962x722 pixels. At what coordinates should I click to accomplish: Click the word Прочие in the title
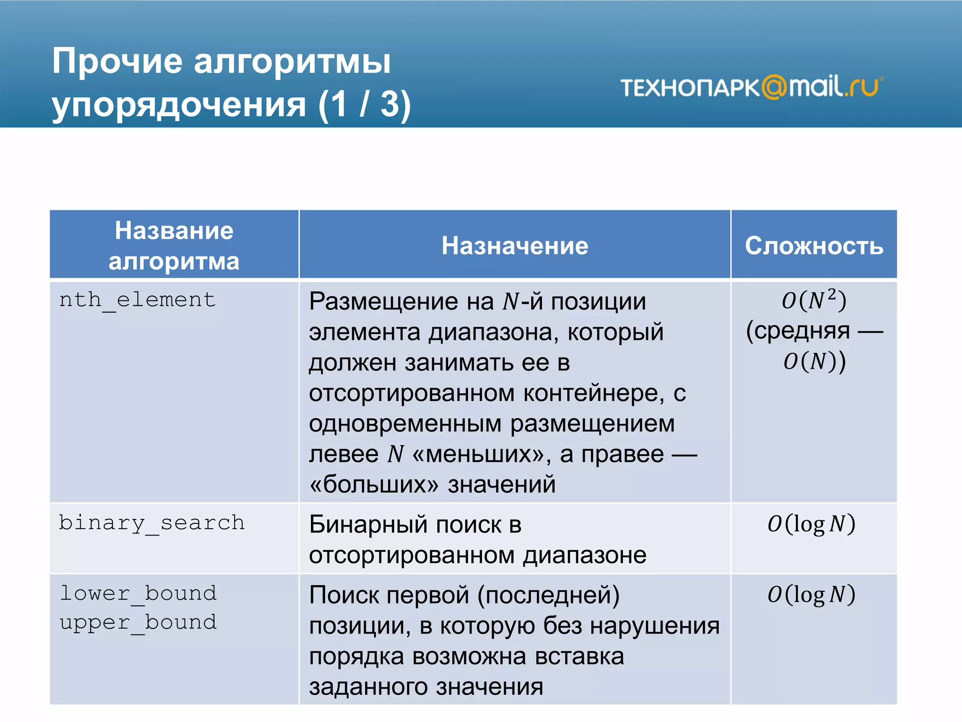(x=117, y=61)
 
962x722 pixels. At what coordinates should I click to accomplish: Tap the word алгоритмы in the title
(x=292, y=61)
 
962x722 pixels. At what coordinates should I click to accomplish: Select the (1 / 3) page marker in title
(x=364, y=103)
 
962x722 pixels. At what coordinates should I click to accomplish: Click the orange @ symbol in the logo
(x=774, y=87)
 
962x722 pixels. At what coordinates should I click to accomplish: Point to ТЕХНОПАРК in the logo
(x=690, y=88)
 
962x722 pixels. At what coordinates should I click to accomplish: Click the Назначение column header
(x=515, y=246)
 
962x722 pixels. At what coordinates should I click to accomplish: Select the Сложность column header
(x=814, y=246)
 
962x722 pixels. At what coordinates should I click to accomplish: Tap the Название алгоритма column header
(x=174, y=245)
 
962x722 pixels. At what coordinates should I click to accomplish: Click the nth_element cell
(x=137, y=299)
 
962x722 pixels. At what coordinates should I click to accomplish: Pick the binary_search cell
(x=152, y=523)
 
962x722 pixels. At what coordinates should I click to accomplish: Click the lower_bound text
(x=138, y=593)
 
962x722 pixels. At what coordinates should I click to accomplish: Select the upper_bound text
(x=138, y=622)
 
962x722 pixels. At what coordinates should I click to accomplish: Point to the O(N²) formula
(x=814, y=300)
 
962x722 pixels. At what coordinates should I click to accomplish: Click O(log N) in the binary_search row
(x=811, y=524)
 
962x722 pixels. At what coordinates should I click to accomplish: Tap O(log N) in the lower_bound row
(x=811, y=595)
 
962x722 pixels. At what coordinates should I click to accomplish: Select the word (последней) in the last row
(x=548, y=595)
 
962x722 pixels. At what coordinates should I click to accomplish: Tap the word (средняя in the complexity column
(x=798, y=331)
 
